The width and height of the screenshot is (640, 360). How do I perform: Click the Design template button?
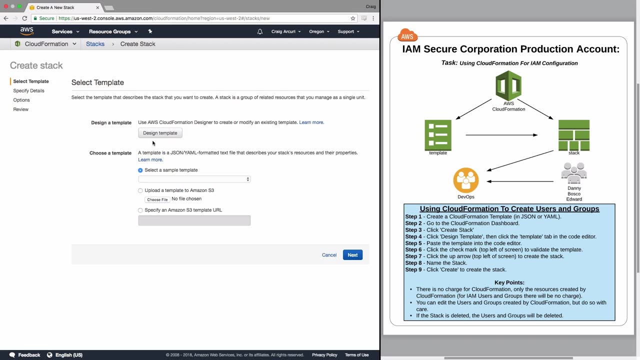tap(160, 133)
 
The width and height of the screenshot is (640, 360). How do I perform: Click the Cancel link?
tap(329, 255)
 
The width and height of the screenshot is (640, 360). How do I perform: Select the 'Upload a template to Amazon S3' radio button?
tap(140, 190)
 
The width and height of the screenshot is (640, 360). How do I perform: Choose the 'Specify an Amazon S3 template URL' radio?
tap(140, 210)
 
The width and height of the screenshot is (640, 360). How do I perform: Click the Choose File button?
tap(157, 199)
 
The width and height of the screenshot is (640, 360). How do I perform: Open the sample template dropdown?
tap(194, 179)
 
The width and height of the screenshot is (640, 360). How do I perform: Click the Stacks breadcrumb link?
tap(95, 44)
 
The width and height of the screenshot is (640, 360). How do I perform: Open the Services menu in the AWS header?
tap(65, 31)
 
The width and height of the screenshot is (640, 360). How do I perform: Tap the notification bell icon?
tap(259, 31)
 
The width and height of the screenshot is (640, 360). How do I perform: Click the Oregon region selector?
tap(319, 31)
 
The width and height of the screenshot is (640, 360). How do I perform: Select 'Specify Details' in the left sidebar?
tap(28, 90)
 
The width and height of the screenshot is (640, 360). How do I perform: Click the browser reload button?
tap(24, 18)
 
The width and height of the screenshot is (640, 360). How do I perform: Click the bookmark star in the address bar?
tap(353, 18)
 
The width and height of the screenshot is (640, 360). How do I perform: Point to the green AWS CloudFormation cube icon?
tap(508, 85)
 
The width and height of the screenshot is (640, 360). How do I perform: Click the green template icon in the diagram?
tap(438, 135)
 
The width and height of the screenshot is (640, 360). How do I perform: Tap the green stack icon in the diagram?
tap(574, 135)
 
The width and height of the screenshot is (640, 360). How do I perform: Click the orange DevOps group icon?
tap(466, 180)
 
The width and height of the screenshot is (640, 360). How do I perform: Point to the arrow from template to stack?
tap(501, 135)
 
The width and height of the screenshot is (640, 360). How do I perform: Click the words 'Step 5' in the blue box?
tap(413, 243)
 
